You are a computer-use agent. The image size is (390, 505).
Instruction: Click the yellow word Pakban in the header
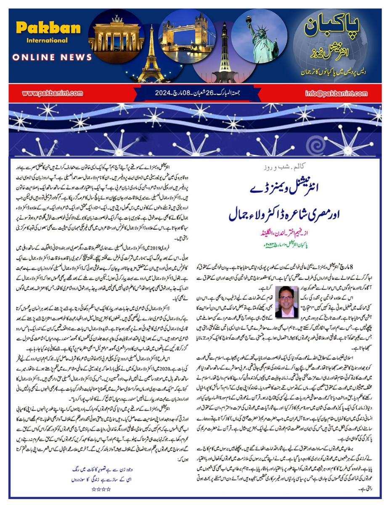click(x=48, y=28)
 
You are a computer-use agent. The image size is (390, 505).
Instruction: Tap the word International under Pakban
click(x=47, y=41)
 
